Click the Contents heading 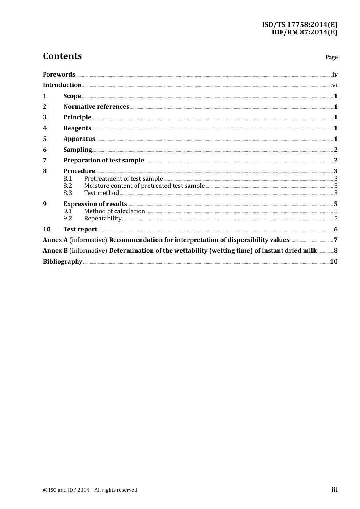point(62,56)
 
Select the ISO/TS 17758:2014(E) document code point(299,25)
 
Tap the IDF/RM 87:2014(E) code point(304,32)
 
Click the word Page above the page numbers point(331,57)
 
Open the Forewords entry point(59,74)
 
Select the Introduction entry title point(62,85)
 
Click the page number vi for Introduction point(335,85)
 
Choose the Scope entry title point(72,96)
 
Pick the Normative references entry point(96,107)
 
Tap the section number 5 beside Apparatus point(45,139)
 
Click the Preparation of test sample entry point(103,161)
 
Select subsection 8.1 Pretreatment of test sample point(123,179)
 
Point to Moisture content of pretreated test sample point(144,186)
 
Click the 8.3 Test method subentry point(101,193)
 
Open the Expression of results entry point(95,204)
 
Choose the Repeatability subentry point(102,219)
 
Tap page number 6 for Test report point(335,230)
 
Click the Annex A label point(55,240)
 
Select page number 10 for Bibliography point(333,262)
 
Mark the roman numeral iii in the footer point(334,490)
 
